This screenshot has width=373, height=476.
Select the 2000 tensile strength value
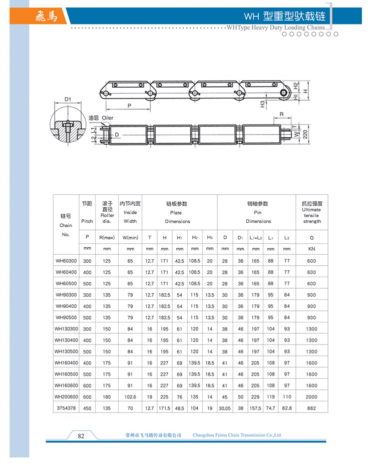tap(311, 397)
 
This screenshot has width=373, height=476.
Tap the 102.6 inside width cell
tap(130, 397)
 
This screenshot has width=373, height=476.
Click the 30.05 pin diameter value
tap(225, 409)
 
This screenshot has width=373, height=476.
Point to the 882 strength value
tap(311, 409)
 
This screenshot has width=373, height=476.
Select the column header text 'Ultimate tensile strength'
tap(311, 215)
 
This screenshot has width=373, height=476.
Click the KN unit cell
tap(311, 248)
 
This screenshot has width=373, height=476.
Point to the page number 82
tap(81, 436)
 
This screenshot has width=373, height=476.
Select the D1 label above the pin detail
tap(68, 99)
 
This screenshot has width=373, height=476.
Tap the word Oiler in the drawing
tap(108, 118)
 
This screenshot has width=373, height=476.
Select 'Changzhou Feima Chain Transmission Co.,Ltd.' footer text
tap(237, 435)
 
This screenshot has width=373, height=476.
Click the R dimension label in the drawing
tap(282, 115)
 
